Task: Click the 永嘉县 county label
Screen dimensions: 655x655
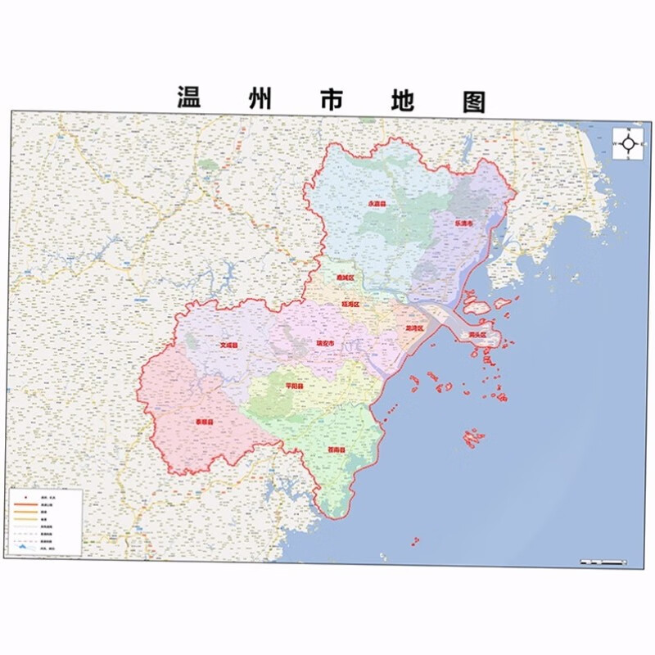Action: click(376, 203)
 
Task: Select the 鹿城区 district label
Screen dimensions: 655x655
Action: click(345, 278)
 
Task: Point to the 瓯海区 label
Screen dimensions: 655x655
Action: click(350, 305)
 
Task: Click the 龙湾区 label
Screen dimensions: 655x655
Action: click(414, 327)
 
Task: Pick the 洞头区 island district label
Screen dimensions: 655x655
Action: click(477, 335)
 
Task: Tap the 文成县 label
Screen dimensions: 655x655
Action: click(228, 346)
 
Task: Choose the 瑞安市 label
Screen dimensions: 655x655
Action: click(325, 343)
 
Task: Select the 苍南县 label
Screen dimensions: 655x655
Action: click(337, 449)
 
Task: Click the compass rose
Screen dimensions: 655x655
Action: click(629, 144)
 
